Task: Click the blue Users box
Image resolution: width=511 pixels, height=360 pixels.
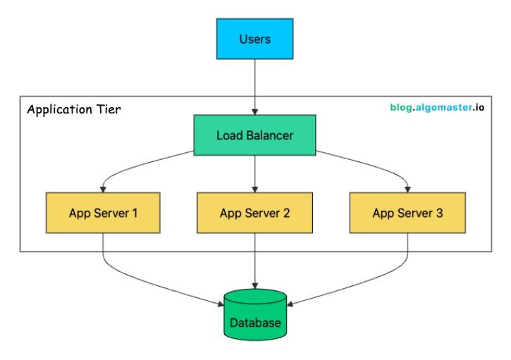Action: pos(255,39)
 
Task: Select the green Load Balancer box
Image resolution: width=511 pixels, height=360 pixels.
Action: pos(255,135)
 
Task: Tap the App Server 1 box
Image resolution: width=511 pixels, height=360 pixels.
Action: pos(103,213)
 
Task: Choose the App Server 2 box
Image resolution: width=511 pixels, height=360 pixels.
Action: pos(255,213)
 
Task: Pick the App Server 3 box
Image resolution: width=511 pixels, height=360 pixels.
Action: pos(407,213)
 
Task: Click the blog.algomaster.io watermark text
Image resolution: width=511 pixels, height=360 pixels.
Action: pos(437,108)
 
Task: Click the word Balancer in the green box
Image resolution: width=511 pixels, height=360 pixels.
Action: pos(271,135)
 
